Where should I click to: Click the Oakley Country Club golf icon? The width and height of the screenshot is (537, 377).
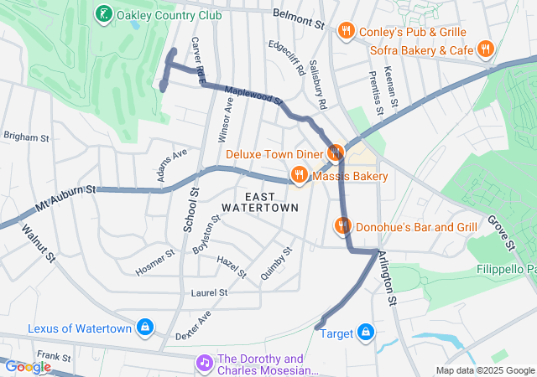click(103, 13)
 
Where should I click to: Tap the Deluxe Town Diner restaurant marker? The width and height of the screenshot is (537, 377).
click(335, 152)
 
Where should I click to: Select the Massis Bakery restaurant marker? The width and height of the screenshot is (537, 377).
click(299, 175)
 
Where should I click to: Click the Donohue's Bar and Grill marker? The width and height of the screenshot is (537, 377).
click(342, 225)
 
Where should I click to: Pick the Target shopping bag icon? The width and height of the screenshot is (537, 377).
click(365, 333)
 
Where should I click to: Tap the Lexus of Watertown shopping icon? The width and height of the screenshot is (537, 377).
click(145, 326)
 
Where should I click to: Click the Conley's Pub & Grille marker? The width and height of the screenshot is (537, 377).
click(346, 32)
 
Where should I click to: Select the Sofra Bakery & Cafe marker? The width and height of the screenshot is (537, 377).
click(485, 49)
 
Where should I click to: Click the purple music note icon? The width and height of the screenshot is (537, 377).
click(204, 363)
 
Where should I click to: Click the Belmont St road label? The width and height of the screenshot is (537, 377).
click(299, 18)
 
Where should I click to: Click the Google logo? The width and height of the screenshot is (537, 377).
click(28, 366)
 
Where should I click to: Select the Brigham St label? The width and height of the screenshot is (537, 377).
click(27, 136)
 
